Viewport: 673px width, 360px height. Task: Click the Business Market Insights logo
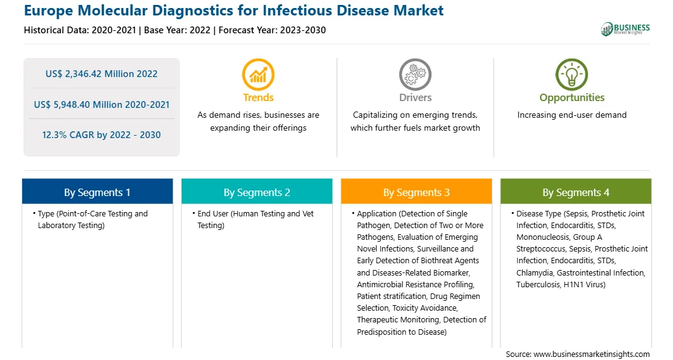pos(625,29)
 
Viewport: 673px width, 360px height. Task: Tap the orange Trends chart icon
pos(258,75)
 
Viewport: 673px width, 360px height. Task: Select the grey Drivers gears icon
pos(415,75)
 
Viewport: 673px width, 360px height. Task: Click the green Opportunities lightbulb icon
pos(572,75)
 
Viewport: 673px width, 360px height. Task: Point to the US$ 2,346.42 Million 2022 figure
pos(102,74)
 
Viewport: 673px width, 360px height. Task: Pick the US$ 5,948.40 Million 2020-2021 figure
pos(102,105)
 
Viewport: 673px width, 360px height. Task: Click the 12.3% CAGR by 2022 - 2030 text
pos(102,135)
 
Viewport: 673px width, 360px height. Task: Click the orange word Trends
pos(258,98)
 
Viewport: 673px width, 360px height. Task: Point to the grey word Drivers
pos(415,98)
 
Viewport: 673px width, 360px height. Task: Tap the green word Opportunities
pos(572,98)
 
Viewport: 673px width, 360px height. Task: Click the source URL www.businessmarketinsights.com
pos(592,354)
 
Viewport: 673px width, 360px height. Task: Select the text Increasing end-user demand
pos(572,115)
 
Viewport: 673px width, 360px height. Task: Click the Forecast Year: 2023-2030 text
pos(272,30)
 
